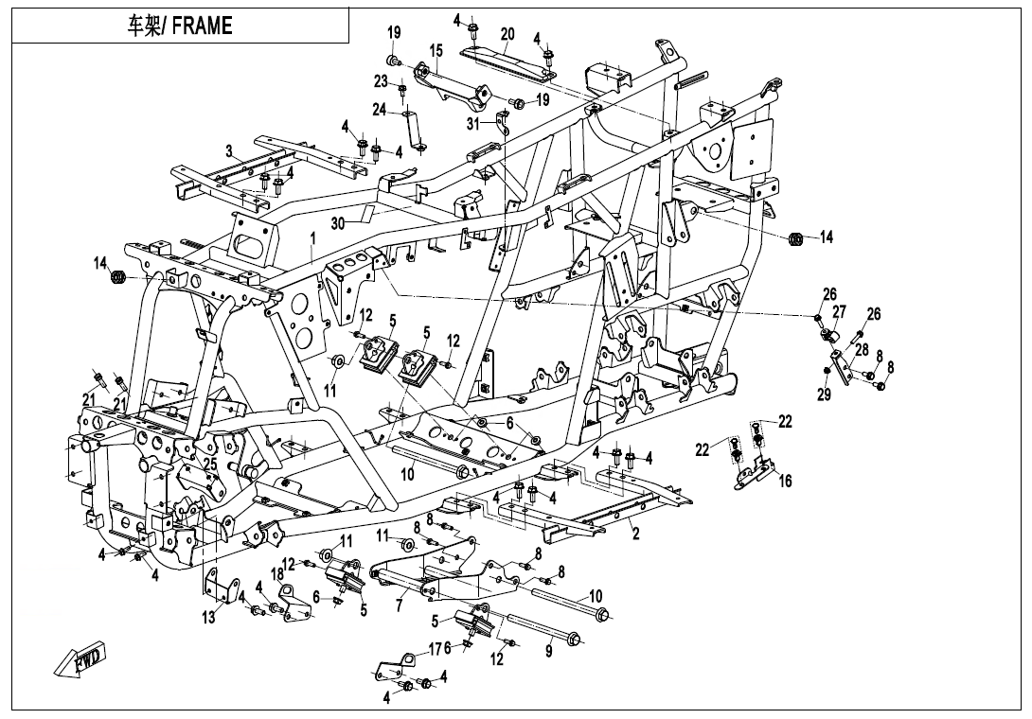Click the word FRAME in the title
point(202,26)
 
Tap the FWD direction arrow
point(83,659)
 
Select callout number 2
point(636,534)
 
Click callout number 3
point(229,150)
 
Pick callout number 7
point(400,605)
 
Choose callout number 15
point(436,49)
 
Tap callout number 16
point(785,482)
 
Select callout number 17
point(435,649)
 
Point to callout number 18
point(277,574)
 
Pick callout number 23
point(381,80)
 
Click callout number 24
point(379,110)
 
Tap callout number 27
point(839,311)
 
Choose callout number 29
point(824,395)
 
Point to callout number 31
point(473,122)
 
